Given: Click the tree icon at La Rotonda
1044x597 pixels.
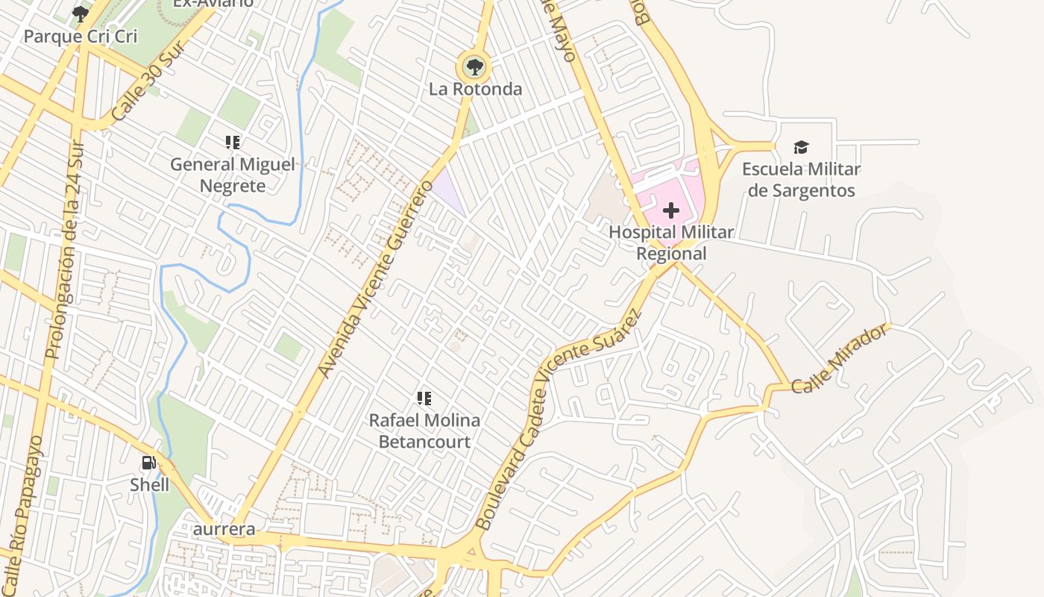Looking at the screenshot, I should pos(474,67).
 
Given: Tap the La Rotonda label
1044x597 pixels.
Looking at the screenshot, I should pos(475,90).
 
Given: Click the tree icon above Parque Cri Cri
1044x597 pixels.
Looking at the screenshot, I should pos(81,13).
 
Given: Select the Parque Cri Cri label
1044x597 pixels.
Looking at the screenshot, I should pos(81,36).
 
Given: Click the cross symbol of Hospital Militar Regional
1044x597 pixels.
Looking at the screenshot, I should pos(670,210).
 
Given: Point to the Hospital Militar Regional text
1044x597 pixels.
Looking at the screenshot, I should pos(670,243).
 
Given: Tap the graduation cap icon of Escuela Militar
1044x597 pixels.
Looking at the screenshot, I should pos(801,147).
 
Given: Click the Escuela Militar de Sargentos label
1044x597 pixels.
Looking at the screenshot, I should pos(801,180).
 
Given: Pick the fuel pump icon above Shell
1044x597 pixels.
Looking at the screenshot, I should pos(149,463).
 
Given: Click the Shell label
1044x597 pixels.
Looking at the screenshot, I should pos(149,485).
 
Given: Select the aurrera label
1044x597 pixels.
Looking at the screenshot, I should pos(224,529).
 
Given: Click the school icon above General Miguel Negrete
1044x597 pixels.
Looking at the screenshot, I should pos(233,142).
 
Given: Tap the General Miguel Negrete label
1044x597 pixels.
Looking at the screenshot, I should pos(233,175).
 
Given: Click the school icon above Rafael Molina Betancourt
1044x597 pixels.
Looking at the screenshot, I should pos(424,398).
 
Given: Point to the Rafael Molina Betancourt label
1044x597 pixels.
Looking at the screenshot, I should pos(424,431).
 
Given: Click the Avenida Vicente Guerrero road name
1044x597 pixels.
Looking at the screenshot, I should pos(375,278).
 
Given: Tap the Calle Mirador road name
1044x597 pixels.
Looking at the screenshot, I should pos(840,358).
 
